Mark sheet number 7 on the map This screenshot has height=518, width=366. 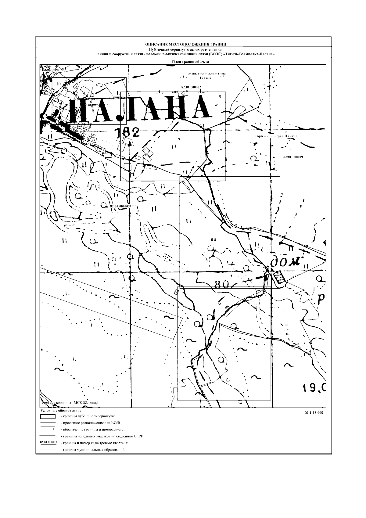[x=182, y=293]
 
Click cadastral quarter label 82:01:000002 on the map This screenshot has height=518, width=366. [x=191, y=87]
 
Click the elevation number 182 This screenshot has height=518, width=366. [x=127, y=132]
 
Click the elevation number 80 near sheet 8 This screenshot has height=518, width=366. [x=222, y=285]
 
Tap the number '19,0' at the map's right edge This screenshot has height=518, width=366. [x=314, y=388]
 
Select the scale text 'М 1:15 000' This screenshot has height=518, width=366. [x=314, y=413]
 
